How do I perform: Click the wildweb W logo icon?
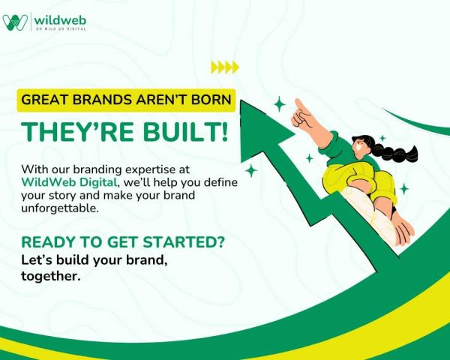click(15, 22)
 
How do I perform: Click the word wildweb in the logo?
click(60, 20)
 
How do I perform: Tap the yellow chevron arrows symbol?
click(225, 67)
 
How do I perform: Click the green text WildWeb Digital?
click(69, 182)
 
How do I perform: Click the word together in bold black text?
click(50, 276)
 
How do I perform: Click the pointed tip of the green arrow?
click(241, 101)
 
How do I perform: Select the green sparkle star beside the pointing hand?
click(280, 104)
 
